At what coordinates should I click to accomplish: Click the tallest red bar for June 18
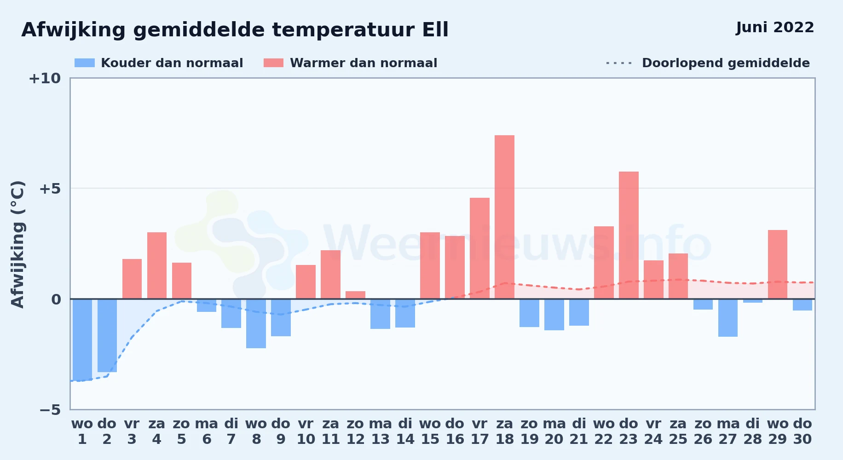tap(504, 217)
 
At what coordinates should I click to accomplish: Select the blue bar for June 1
tap(82, 340)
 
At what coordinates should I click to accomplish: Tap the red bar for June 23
tap(629, 235)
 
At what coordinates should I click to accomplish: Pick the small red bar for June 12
tap(355, 295)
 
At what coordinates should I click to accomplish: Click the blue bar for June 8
tap(256, 323)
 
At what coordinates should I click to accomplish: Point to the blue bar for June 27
tap(728, 318)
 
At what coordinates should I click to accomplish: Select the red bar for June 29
tap(778, 264)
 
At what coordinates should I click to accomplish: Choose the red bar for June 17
tap(479, 248)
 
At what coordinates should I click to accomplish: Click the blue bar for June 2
tap(107, 335)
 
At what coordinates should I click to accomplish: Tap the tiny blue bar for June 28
tap(753, 301)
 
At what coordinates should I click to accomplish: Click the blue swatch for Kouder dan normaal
tap(85, 63)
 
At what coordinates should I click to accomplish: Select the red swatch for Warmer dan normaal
tap(273, 63)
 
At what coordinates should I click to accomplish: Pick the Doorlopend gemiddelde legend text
tap(726, 63)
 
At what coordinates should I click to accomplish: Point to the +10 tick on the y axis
tap(45, 78)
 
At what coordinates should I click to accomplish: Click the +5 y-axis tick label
tap(50, 189)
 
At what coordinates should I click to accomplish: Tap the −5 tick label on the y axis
tap(50, 410)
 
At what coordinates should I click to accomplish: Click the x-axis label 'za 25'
tap(678, 431)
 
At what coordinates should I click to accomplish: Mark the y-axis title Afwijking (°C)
tap(17, 244)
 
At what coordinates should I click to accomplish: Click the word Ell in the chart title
tap(435, 30)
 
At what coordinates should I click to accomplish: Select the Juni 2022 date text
tap(775, 27)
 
